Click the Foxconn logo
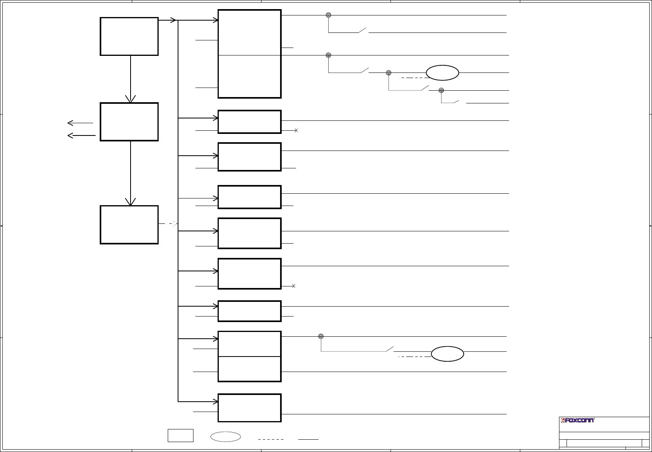coord(578,420)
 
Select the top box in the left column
coord(129,36)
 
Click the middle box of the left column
coord(129,122)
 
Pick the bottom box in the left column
coord(129,225)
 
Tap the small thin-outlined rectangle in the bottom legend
coord(180,435)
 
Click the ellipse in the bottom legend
coord(226,437)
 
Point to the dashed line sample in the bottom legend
coord(271,439)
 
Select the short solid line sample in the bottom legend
coord(309,439)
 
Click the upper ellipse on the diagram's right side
coord(443,73)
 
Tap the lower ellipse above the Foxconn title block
coord(447,354)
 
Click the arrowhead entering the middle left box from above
coord(131,99)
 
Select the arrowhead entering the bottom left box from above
coord(131,201)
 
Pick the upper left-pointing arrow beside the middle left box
coord(80,123)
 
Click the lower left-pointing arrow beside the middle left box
coord(81,135)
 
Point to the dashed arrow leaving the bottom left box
coord(169,224)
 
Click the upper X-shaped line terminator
coord(296,130)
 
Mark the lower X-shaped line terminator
coord(294,286)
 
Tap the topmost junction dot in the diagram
coord(328,15)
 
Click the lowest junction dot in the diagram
coord(321,336)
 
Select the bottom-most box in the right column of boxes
coord(250,408)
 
